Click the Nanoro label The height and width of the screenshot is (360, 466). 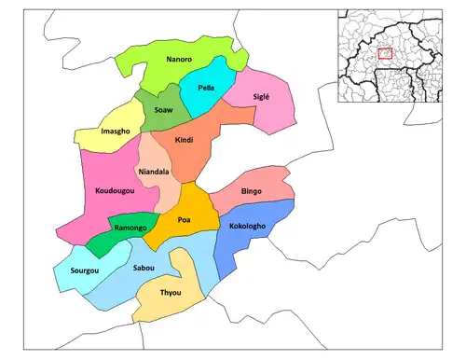pyautogui.click(x=179, y=60)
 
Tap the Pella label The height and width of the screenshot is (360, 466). pyautogui.click(x=207, y=87)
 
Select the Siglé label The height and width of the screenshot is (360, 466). pyautogui.click(x=265, y=97)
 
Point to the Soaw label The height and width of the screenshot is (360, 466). pyautogui.click(x=162, y=109)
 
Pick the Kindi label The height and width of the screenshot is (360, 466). pyautogui.click(x=183, y=139)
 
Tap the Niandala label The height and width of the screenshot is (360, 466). pyautogui.click(x=153, y=172)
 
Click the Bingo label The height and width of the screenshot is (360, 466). pyautogui.click(x=252, y=191)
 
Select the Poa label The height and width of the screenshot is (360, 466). pyautogui.click(x=184, y=220)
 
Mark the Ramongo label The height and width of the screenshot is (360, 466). pyautogui.click(x=131, y=228)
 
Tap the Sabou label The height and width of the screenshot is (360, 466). pyautogui.click(x=143, y=268)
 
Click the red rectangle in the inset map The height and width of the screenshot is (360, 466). pyautogui.click(x=386, y=55)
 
